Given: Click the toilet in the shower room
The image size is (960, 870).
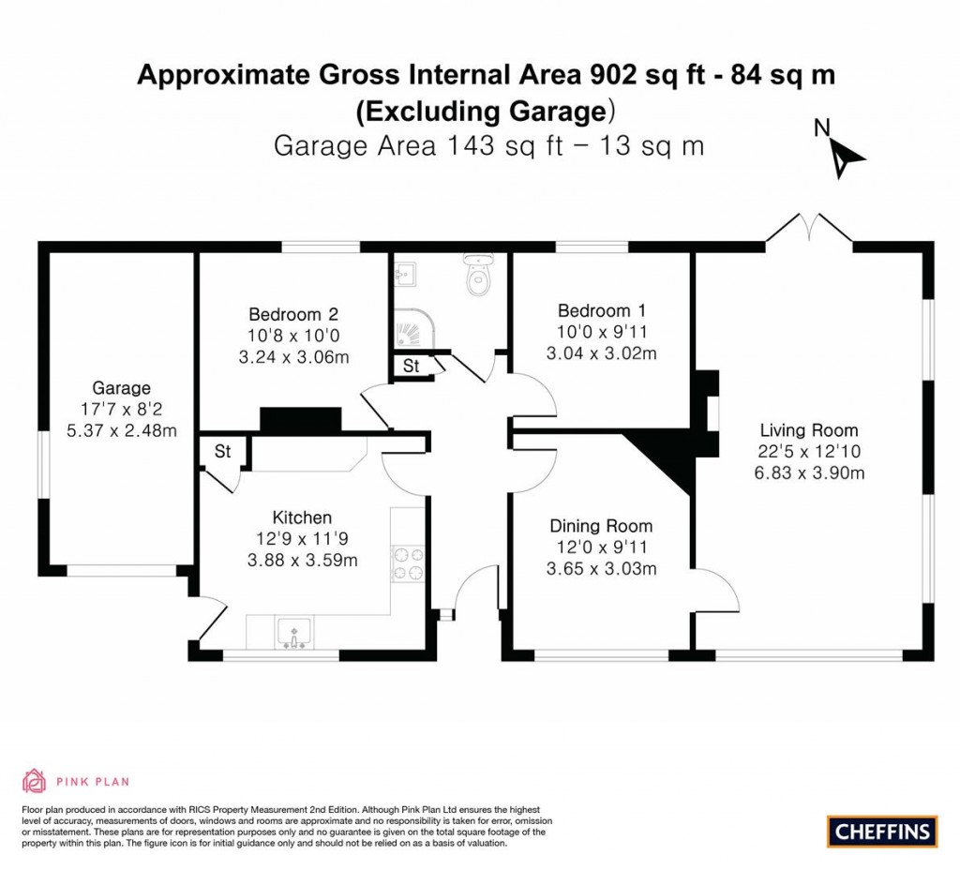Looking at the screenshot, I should (x=478, y=276).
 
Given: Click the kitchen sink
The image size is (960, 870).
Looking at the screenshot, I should (x=294, y=635).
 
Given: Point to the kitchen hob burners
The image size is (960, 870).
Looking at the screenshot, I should (x=408, y=562).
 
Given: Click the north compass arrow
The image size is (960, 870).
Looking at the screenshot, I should (x=844, y=154).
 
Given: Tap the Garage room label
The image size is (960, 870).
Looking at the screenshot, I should (x=121, y=388).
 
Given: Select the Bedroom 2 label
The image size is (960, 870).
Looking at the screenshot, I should (x=292, y=314).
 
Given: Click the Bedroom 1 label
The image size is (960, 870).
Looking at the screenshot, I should (x=601, y=311).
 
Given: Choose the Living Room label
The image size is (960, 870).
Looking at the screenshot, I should (x=808, y=430).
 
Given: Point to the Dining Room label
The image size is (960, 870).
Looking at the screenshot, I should (x=601, y=526).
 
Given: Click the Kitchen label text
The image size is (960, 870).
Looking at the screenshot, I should (x=302, y=517).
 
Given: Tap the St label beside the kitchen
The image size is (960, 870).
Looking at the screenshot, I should (x=222, y=452).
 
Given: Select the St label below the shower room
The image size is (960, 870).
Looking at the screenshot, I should (x=411, y=367).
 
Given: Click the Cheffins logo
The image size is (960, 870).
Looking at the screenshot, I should (x=881, y=831).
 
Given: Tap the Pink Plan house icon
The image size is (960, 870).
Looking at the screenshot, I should (x=34, y=780).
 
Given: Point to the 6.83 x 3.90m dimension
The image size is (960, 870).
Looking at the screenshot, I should (x=808, y=473).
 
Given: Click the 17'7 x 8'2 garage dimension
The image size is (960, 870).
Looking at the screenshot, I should (x=121, y=410).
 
